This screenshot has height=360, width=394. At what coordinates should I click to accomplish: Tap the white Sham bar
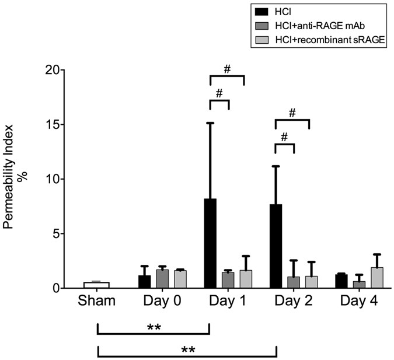(96, 285)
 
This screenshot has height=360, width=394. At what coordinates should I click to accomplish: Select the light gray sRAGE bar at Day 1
(246, 279)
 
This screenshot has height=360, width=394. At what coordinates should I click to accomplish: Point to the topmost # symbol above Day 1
(227, 69)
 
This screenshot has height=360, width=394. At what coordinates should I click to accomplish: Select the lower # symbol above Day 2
(285, 137)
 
